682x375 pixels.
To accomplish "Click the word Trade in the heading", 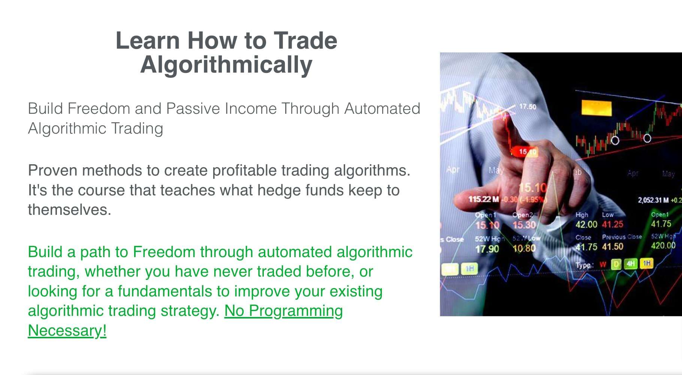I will (x=305, y=40).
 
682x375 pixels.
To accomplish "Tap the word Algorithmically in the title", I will (x=226, y=65).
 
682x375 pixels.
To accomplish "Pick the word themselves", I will (x=69, y=210).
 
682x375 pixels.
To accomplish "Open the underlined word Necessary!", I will (x=67, y=330).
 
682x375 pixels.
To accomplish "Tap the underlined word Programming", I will (x=283, y=311).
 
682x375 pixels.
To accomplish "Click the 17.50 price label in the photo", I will (x=528, y=107).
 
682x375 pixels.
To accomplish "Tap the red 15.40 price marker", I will (x=527, y=152).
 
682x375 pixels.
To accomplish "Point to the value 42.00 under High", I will (x=586, y=225).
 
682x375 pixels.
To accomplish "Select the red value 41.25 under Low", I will (x=612, y=225).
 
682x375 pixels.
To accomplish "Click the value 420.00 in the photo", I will (x=663, y=246).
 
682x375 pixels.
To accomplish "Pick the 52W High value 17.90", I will (x=487, y=249).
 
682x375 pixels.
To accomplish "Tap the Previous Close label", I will (x=621, y=237).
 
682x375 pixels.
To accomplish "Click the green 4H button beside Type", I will (x=631, y=264).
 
